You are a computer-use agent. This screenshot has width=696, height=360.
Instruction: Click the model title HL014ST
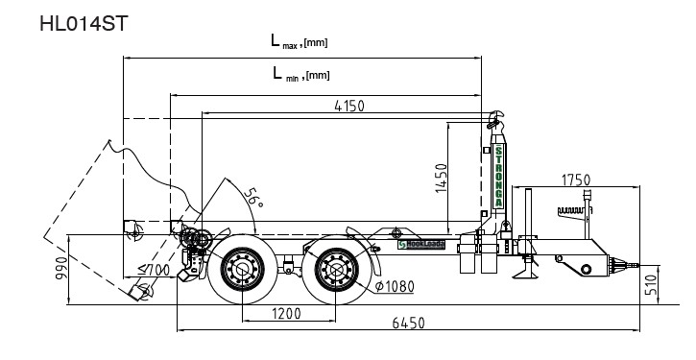tap(84, 24)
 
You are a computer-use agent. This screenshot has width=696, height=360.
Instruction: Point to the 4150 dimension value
tap(349, 107)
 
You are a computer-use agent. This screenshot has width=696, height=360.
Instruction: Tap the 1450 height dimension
tap(442, 178)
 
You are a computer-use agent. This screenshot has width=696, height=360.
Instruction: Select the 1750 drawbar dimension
tap(576, 180)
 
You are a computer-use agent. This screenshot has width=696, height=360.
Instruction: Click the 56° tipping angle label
tap(253, 197)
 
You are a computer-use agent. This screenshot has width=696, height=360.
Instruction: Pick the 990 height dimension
tap(61, 268)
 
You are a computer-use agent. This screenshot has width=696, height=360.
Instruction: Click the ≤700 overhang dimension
tap(154, 269)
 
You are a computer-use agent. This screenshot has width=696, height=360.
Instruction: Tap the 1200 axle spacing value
tap(286, 314)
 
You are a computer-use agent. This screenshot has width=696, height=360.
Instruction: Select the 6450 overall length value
tap(408, 324)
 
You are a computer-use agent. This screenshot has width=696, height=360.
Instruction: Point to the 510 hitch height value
tap(651, 284)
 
